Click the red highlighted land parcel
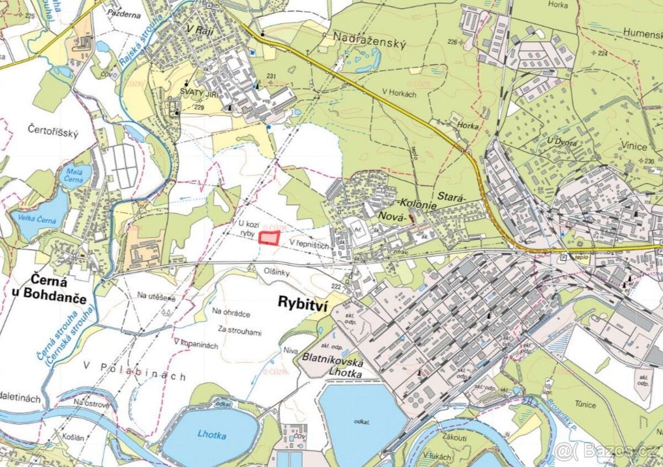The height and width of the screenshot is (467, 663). tap(269, 238)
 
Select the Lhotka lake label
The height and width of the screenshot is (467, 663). tap(211, 435)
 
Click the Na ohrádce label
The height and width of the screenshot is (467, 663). tap(231, 313)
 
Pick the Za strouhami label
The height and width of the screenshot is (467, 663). tap(239, 333)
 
